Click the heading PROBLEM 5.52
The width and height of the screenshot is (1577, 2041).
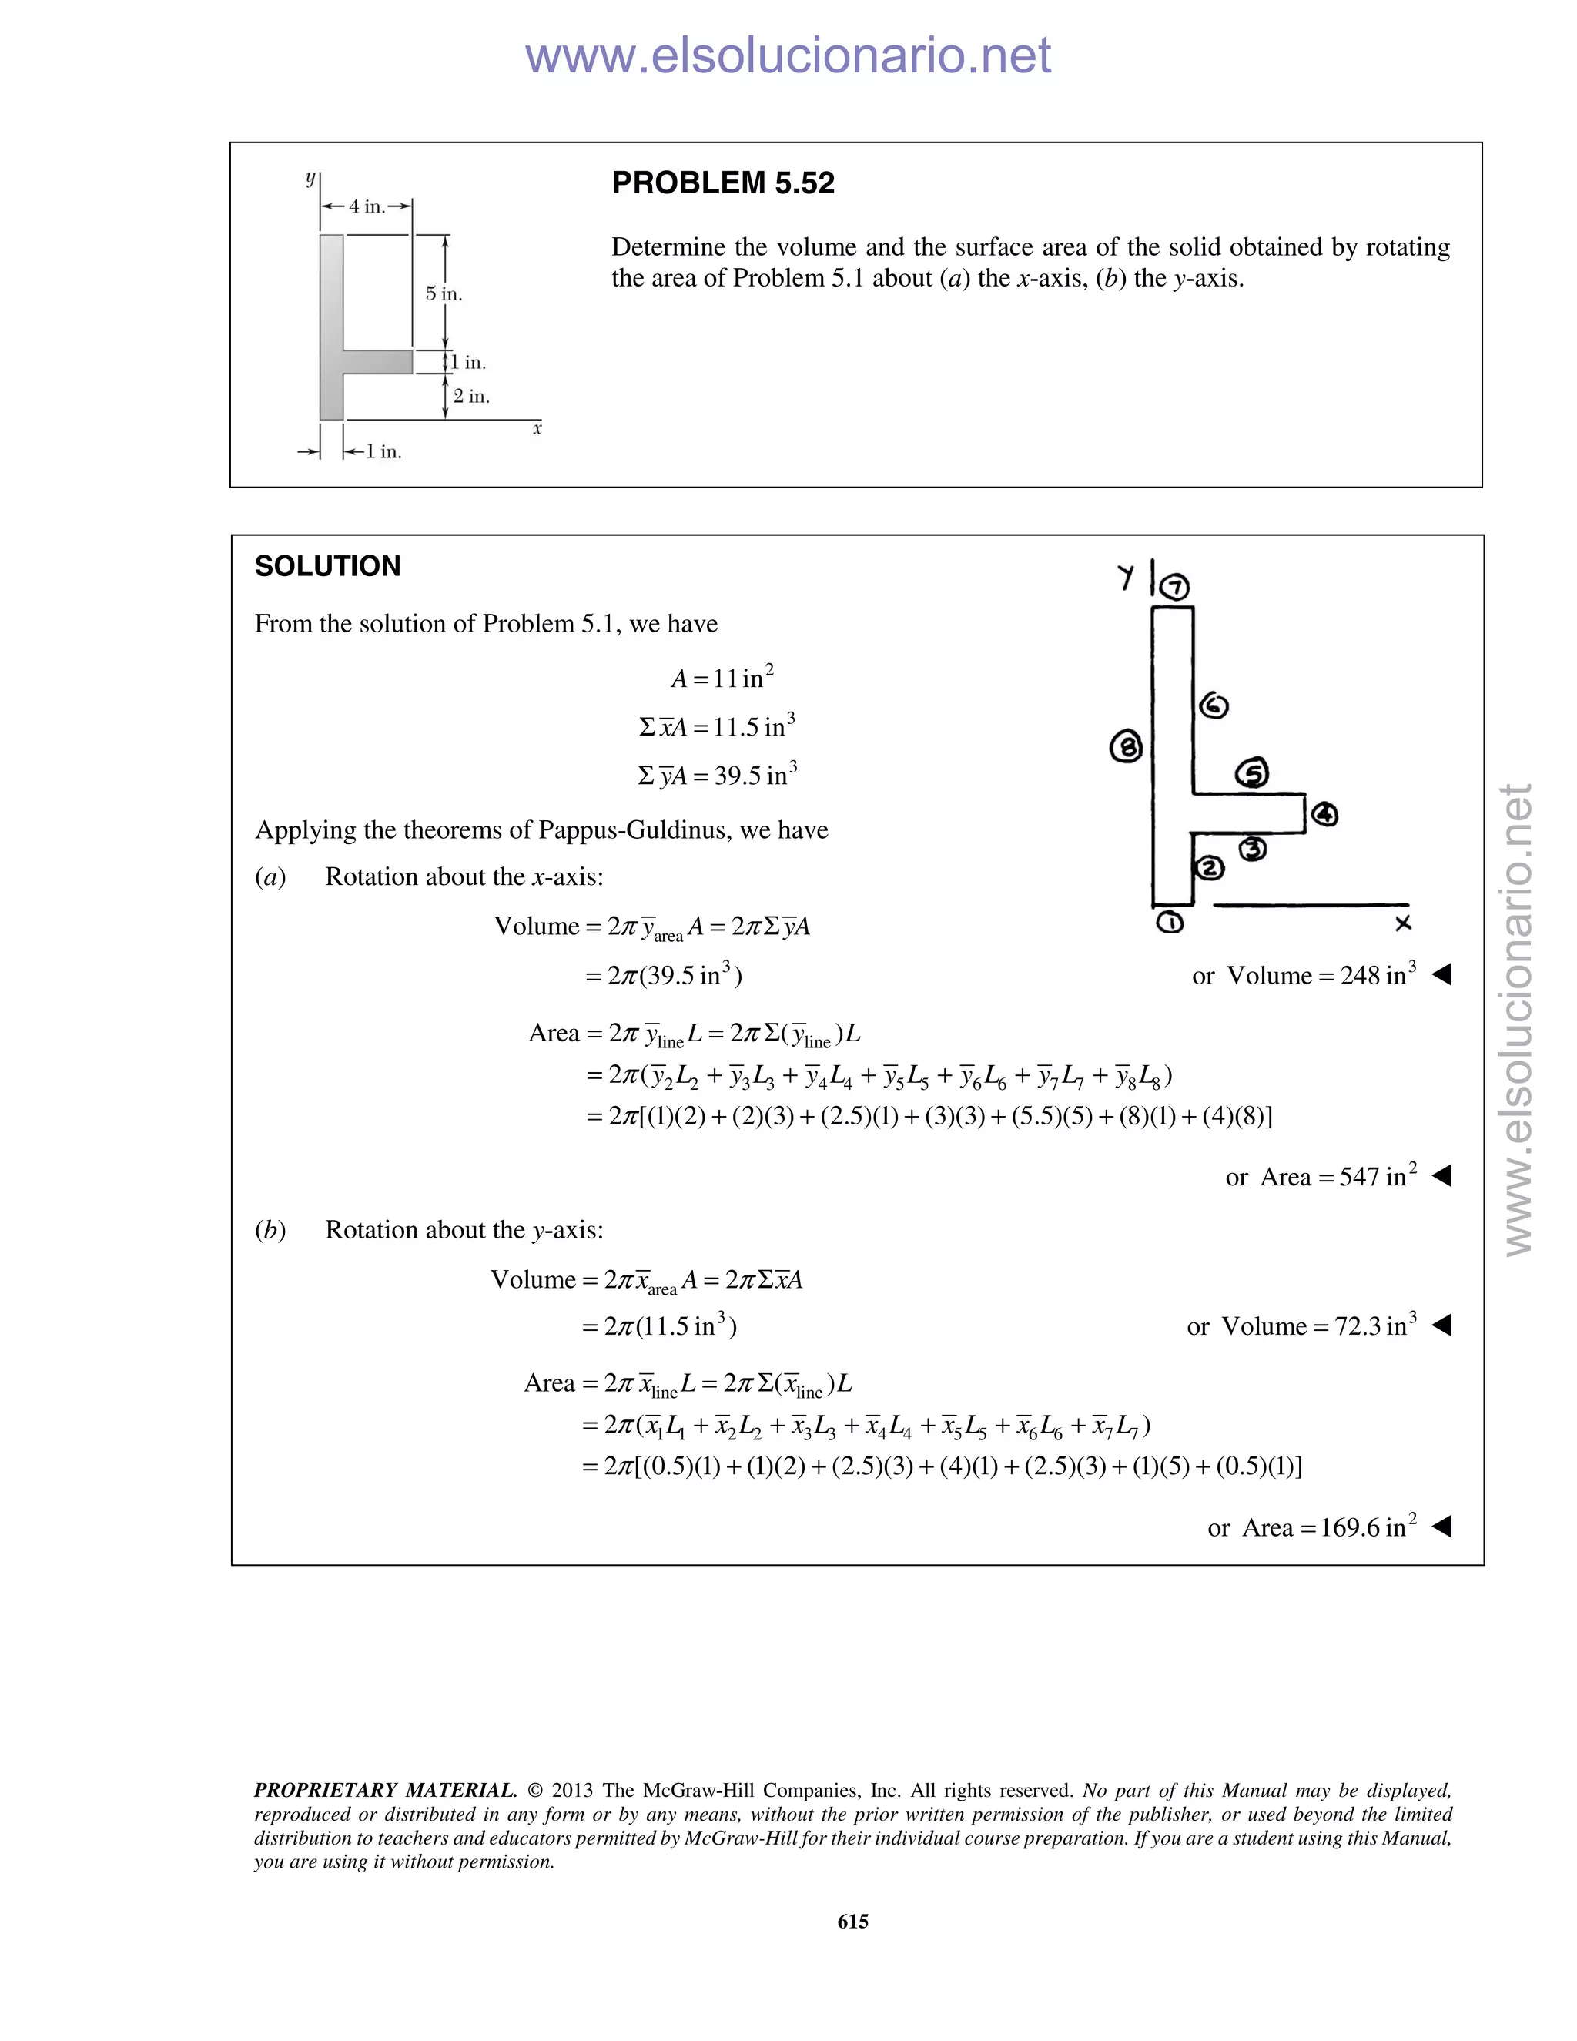[722, 183]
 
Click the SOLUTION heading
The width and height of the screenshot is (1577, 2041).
[327, 566]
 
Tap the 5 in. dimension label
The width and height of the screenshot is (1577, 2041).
[444, 294]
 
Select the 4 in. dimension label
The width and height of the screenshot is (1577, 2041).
[367, 206]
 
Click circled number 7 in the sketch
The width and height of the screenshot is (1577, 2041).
[1175, 587]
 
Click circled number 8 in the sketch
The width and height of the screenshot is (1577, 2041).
[1126, 746]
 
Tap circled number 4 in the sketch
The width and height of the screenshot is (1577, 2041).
[1324, 814]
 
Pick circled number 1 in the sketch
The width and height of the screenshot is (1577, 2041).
[1170, 923]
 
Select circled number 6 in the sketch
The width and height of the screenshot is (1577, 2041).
[1213, 705]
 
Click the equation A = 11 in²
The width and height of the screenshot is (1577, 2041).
[722, 678]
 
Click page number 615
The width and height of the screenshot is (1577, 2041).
[853, 1922]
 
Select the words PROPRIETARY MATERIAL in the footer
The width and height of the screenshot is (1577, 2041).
[385, 1790]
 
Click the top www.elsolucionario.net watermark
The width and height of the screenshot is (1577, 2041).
[788, 55]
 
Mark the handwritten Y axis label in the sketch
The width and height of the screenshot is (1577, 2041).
[1126, 577]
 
